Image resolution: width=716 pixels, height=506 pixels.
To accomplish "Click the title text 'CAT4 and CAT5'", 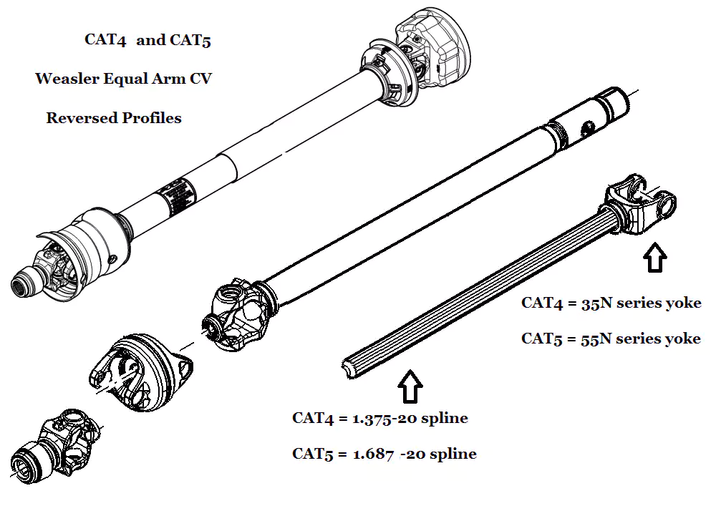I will pos(147,40).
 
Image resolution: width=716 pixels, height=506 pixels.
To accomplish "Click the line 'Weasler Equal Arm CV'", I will pos(123,79).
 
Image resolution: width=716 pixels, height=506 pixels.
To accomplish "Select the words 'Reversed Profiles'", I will pos(114,118).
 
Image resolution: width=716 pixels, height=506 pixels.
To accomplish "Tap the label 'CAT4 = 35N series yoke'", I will pos(611,303).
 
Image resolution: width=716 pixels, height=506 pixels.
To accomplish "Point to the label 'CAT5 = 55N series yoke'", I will pos(611,339).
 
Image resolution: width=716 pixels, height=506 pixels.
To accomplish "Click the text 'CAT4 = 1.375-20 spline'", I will pos(379,418).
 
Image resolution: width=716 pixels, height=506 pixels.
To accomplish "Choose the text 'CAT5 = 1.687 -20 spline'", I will pos(384,454).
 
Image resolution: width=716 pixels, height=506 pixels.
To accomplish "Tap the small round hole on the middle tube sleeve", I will pos(586,127).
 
